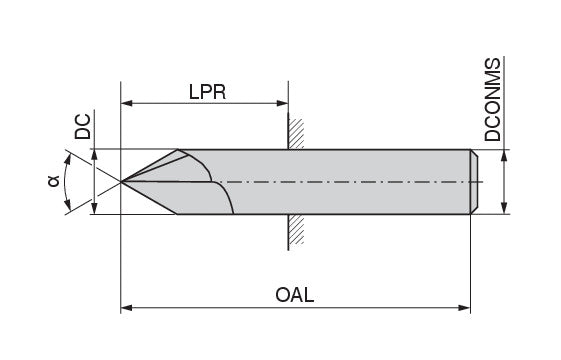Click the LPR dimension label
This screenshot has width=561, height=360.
pos(208,92)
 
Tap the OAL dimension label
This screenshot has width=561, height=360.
pos(294,295)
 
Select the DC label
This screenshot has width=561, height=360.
pos(83,127)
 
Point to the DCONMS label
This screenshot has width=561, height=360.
pos(492,99)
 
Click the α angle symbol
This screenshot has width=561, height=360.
pos(53,181)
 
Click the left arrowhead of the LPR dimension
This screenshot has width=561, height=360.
pos(127,103)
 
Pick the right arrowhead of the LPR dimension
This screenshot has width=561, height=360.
pos(283,103)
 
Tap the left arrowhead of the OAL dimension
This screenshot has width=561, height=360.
pos(127,308)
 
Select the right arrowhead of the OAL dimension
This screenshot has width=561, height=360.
pos(464,308)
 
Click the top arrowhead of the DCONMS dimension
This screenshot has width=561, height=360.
pos(504,156)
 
